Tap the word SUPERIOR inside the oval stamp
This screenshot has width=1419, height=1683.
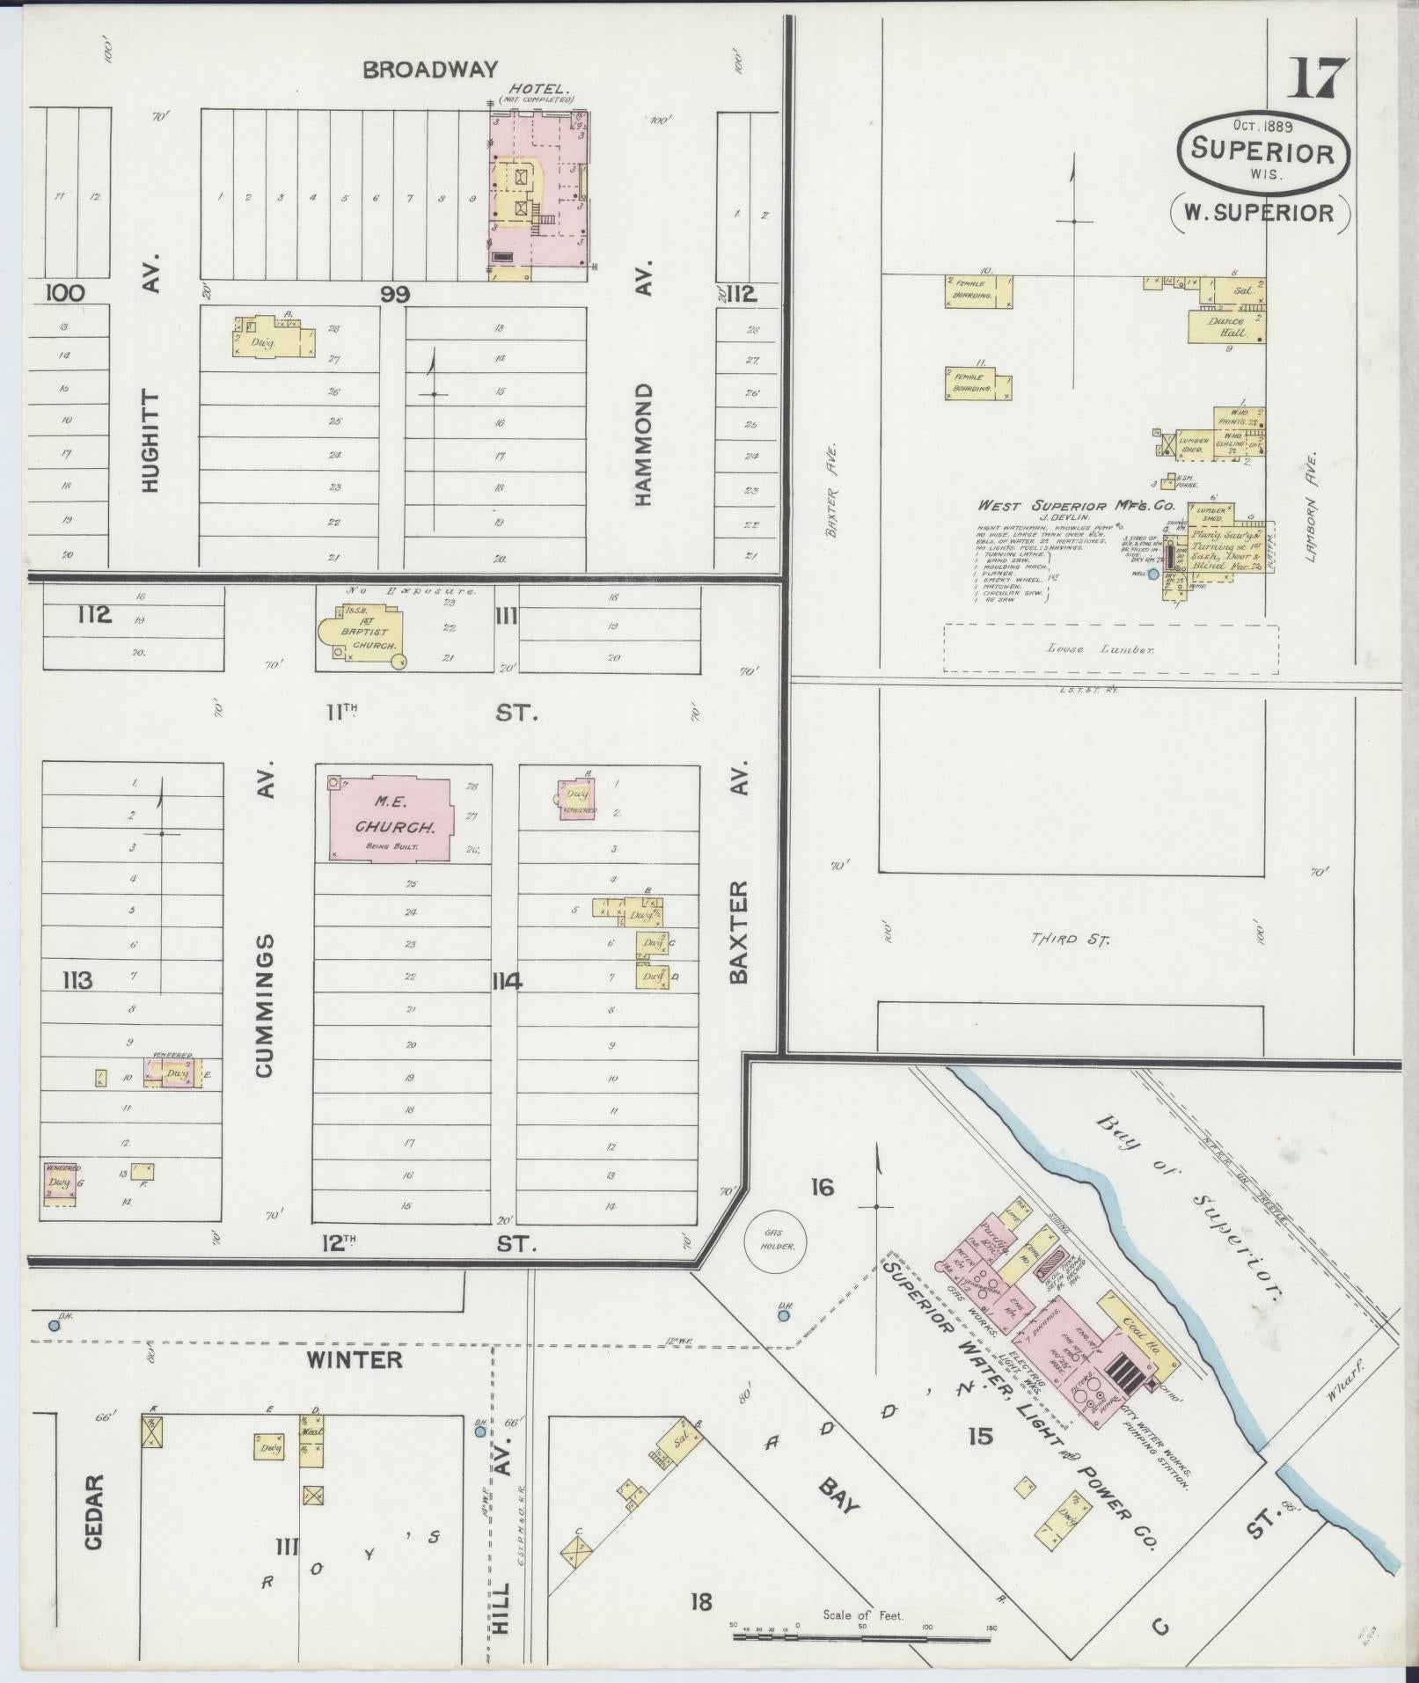coord(1262,151)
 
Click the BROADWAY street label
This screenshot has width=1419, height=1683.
coord(430,70)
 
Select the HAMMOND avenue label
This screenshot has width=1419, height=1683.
coord(643,444)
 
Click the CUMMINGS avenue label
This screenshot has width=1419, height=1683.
coord(266,1005)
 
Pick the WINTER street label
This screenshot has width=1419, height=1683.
coord(355,1359)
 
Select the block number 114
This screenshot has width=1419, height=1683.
coord(508,981)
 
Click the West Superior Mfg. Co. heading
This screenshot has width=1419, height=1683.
coord(1076,506)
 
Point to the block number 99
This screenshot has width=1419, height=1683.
coord(395,294)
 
